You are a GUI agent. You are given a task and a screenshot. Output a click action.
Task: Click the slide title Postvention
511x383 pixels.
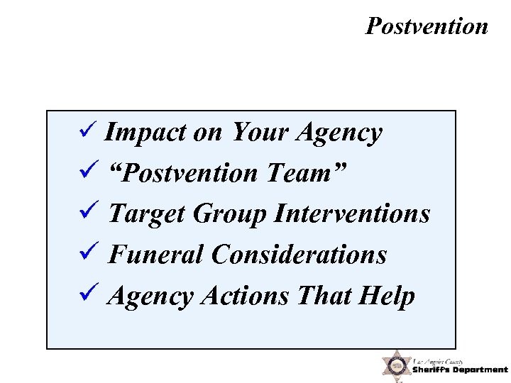click(427, 26)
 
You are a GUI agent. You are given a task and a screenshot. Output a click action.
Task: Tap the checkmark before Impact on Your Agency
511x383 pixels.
click(89, 131)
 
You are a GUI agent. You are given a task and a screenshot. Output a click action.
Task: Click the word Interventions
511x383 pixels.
click(351, 213)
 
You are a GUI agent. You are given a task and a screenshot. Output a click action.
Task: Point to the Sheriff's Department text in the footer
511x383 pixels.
click(460, 370)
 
